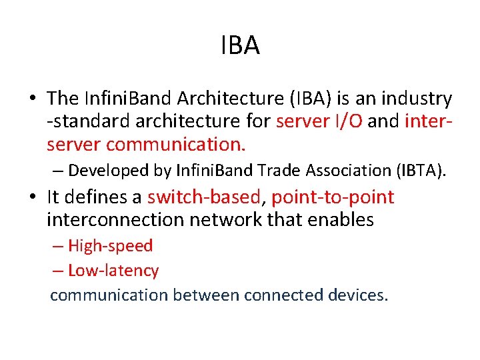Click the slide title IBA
240,46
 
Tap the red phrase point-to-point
333,197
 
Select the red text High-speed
110,246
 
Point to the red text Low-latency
113,271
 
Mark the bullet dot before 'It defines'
32,198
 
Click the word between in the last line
206,295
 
